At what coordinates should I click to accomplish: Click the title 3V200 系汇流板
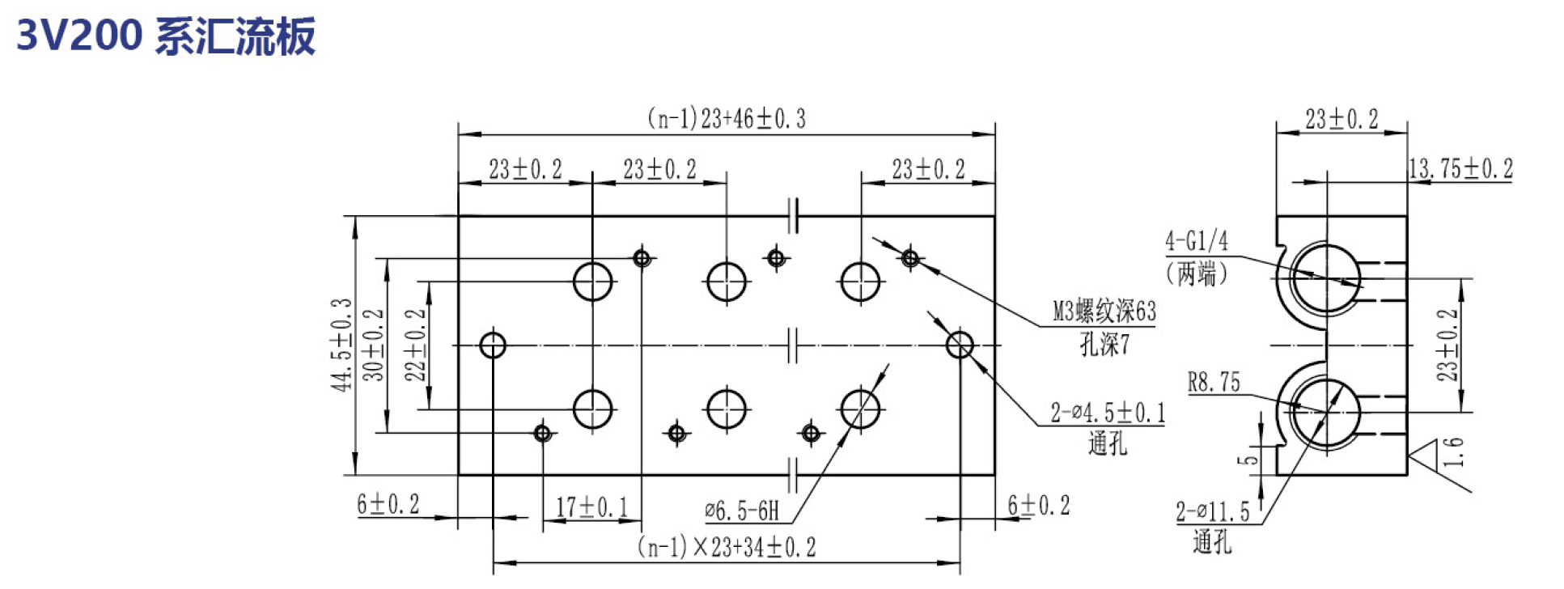coord(166,36)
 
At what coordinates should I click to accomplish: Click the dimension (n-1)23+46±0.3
coord(727,119)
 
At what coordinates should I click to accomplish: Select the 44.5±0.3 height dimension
coord(343,345)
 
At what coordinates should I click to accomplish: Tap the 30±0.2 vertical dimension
coord(374,345)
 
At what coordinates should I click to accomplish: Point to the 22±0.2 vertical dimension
coord(415,345)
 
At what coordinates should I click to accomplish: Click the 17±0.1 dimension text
coord(591,507)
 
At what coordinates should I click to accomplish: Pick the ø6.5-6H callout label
coord(742,510)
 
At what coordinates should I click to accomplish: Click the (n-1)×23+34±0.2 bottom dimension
coord(727,547)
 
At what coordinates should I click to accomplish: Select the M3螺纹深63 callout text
coord(1104,311)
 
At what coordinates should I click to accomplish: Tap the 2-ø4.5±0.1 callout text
coord(1108,413)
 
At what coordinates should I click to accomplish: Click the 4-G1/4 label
coord(1197,240)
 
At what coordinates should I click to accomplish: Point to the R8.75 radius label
coord(1214,382)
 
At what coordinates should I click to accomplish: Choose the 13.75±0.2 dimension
coord(1460,168)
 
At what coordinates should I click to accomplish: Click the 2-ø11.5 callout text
coord(1213,511)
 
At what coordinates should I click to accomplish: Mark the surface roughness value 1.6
coord(1454,451)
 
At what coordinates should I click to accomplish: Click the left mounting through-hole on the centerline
coord(493,345)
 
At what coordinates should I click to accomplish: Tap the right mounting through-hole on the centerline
coord(960,345)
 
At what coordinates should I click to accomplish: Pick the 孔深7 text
coord(1104,345)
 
